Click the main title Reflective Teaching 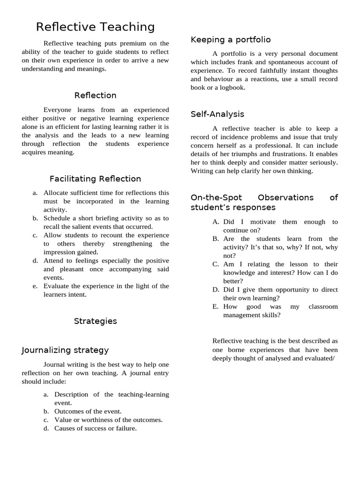click(x=95, y=27)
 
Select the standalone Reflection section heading click(x=95, y=96)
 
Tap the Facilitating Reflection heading click(x=95, y=179)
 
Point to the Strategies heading click(x=95, y=322)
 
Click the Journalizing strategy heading click(x=65, y=350)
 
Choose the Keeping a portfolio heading click(x=231, y=40)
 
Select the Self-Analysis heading click(x=217, y=114)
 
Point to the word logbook click(x=230, y=88)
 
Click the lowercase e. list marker click(x=35, y=286)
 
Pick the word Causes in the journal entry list click(x=64, y=428)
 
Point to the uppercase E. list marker click(x=215, y=307)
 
